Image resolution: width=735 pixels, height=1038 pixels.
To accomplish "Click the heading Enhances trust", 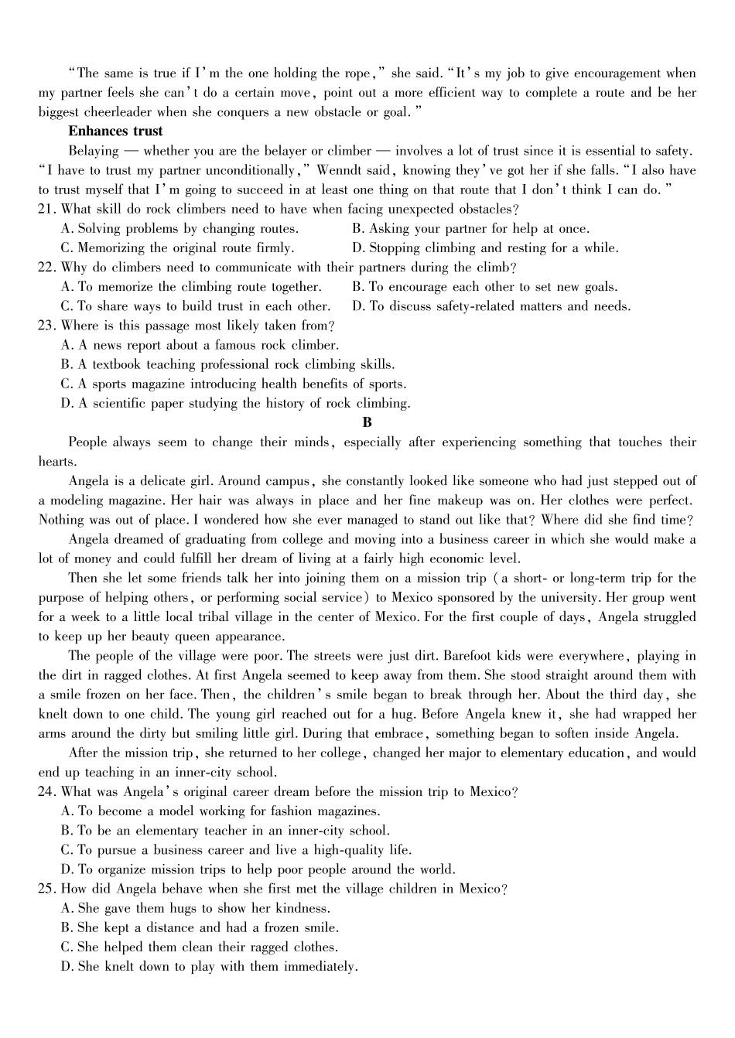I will [115, 131].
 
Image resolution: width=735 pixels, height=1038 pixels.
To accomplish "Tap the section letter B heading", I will [367, 422].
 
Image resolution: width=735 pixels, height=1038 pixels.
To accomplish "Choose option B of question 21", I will [470, 229].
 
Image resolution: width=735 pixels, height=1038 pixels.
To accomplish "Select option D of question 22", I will [491, 306].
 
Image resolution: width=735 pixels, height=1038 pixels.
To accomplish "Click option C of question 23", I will [233, 384].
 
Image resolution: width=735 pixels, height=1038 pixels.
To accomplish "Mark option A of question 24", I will [220, 811].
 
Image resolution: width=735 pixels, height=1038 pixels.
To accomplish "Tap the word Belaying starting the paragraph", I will [94, 151].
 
